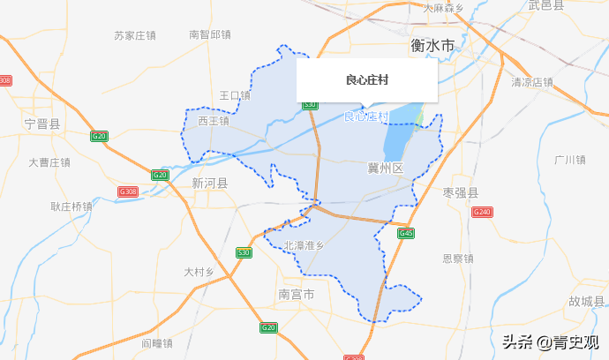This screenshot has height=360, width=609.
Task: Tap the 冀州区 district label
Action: [x=385, y=168]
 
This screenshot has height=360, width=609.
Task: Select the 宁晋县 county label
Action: [x=42, y=124]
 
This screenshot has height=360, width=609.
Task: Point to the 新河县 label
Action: [x=209, y=184]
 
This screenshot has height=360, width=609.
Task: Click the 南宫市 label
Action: [x=296, y=294]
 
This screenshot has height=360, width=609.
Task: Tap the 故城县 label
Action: [x=586, y=301]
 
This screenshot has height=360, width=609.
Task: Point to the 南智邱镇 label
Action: [x=210, y=35]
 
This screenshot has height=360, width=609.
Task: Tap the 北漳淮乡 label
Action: [x=304, y=245]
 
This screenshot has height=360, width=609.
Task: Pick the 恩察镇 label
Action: [x=458, y=259]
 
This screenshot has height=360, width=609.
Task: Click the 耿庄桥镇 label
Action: [x=71, y=206]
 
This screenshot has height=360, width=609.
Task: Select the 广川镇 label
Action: [x=569, y=160]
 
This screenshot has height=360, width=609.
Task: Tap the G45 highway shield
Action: [x=406, y=233]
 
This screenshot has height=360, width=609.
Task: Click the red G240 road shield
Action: [x=482, y=212]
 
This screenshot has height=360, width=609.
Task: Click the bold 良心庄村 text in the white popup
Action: [x=367, y=80]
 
